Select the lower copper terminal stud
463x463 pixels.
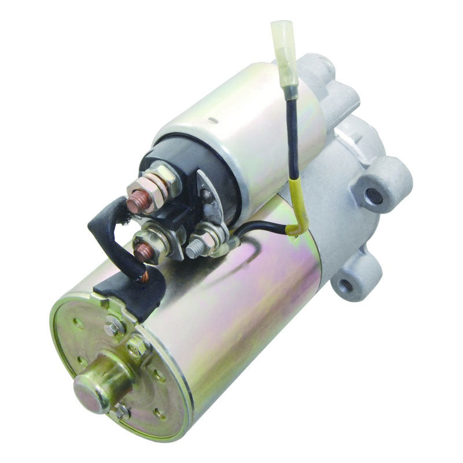pos(143,252)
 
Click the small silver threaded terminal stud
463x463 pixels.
pos(194,251)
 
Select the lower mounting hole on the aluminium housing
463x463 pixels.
pos(346,285)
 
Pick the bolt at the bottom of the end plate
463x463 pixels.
pos(121,411)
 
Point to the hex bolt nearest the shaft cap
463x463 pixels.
pos(138,346)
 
